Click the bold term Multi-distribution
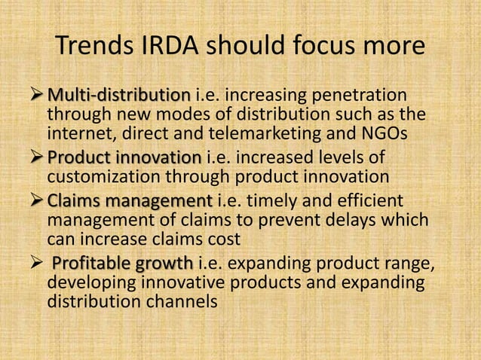119,96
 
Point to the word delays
365,222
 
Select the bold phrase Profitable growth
122,264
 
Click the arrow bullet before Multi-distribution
36,96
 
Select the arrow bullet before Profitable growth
36,264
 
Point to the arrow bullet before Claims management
36,201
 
